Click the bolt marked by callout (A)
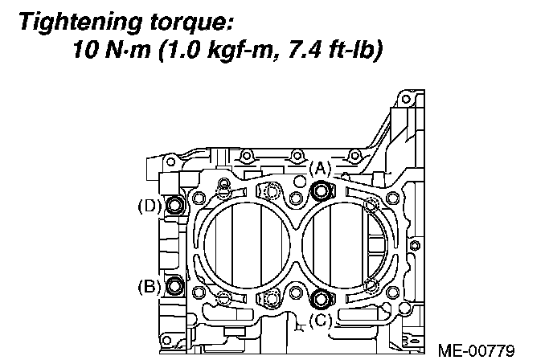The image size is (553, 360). [322, 190]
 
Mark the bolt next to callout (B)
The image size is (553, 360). [175, 286]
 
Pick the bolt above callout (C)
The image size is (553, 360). [322, 299]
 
